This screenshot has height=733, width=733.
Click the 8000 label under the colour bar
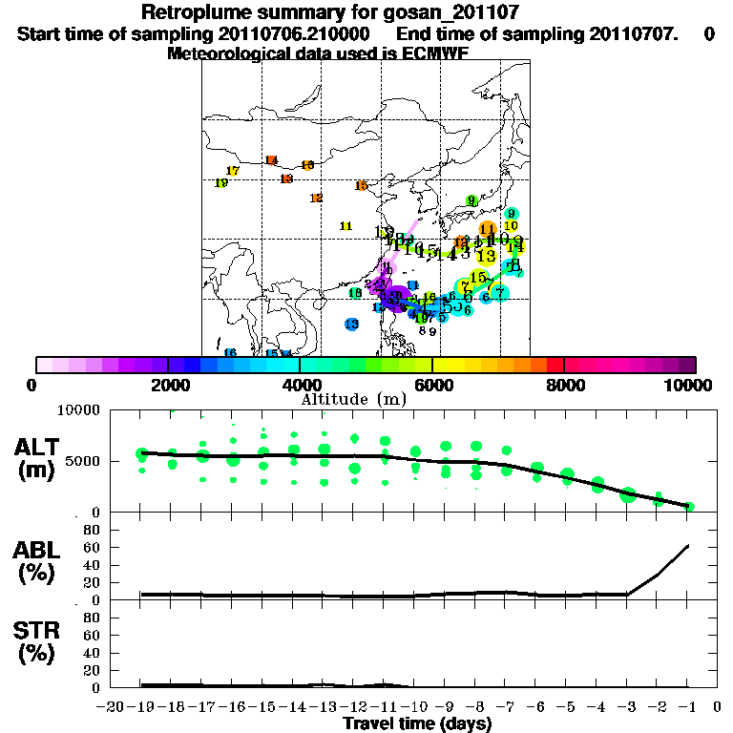click(x=563, y=385)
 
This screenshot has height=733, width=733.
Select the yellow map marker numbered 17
click(x=232, y=171)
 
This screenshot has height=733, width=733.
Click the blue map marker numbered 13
click(x=351, y=325)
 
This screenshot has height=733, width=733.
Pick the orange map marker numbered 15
click(x=361, y=186)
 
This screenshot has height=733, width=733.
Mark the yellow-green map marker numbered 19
click(x=220, y=183)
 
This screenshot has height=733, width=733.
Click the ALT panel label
click(x=39, y=457)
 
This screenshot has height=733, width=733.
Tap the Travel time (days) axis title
click(x=417, y=724)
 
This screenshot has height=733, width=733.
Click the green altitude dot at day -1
click(x=689, y=506)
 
